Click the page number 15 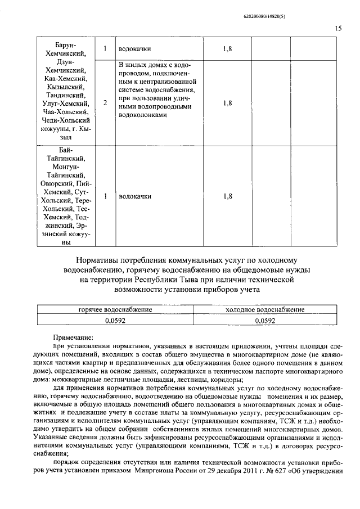(x=338, y=29)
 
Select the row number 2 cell (x=105, y=103)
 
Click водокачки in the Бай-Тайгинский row (x=135, y=196)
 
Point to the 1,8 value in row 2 (x=227, y=103)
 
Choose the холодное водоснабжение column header (x=264, y=309)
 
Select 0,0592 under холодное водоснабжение (x=264, y=320)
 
